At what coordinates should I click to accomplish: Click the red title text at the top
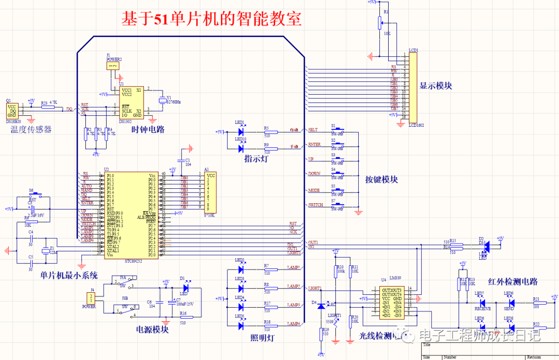pyautogui.click(x=211, y=19)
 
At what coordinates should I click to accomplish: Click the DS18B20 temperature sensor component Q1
pyautogui.click(x=12, y=110)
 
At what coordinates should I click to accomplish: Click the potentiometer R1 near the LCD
pyautogui.click(x=380, y=22)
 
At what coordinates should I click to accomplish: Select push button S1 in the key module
pyautogui.click(x=337, y=130)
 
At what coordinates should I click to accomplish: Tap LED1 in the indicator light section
pyautogui.click(x=241, y=132)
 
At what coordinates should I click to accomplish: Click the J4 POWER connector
pyautogui.click(x=91, y=298)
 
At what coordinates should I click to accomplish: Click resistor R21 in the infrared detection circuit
pyautogui.click(x=536, y=304)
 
